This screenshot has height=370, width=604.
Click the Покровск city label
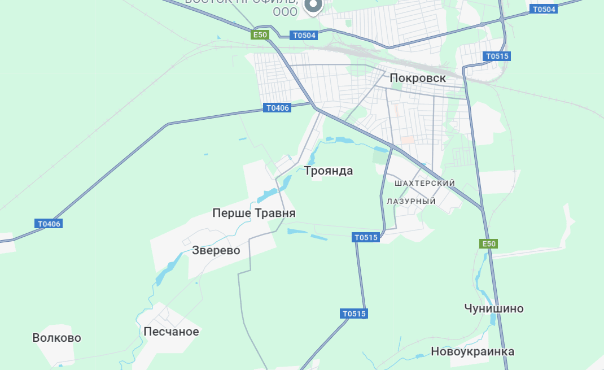pyautogui.click(x=418, y=79)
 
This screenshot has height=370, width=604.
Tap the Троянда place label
pyautogui.click(x=329, y=171)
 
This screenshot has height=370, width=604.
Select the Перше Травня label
pyautogui.click(x=254, y=213)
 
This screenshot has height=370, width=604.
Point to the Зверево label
pyautogui.click(x=216, y=250)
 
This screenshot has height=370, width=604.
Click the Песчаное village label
pyautogui.click(x=171, y=332)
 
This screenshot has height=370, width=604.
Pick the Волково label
pyautogui.click(x=56, y=338)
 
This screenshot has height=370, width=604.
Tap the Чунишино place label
pyautogui.click(x=494, y=308)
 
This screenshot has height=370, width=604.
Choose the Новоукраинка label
pyautogui.click(x=472, y=351)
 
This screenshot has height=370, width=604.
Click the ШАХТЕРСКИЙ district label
pyautogui.click(x=425, y=184)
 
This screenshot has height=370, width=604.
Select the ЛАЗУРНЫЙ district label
pyautogui.click(x=412, y=201)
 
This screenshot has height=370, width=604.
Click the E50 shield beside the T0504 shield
pyautogui.click(x=260, y=35)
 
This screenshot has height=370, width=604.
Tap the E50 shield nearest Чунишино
pyautogui.click(x=488, y=244)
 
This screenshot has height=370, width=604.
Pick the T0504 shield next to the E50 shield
pyautogui.click(x=304, y=36)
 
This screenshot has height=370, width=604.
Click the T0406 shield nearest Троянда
pyautogui.click(x=278, y=108)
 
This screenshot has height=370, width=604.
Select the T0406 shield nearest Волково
pyautogui.click(x=49, y=224)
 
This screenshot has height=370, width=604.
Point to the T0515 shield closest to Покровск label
pyautogui.click(x=497, y=56)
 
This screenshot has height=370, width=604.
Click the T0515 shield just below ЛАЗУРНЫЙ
pyautogui.click(x=366, y=238)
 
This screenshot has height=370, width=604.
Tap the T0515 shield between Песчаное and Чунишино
pyautogui.click(x=354, y=314)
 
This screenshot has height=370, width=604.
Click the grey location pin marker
pyautogui.click(x=313, y=6)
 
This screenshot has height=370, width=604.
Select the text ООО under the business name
pyautogui.click(x=285, y=11)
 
